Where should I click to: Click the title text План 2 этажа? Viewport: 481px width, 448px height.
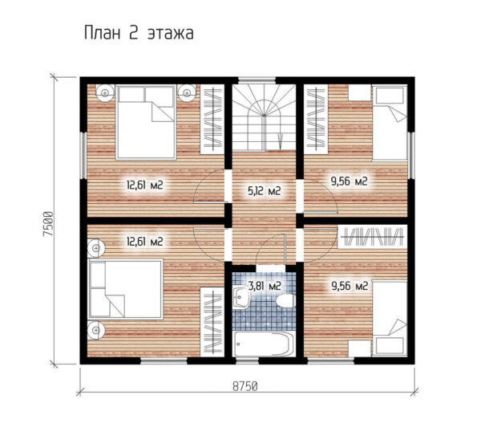click(139, 33)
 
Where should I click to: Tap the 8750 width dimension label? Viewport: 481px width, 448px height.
click(245, 386)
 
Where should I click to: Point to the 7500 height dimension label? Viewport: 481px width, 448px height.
click(47, 224)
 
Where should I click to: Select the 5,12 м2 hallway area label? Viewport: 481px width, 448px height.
click(264, 191)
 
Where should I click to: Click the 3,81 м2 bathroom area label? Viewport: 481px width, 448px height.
click(265, 286)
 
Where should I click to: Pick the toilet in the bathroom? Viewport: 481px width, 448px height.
click(286, 301)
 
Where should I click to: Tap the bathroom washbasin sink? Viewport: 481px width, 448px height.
click(241, 297)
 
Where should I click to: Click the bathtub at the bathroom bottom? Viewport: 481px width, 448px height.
click(264, 344)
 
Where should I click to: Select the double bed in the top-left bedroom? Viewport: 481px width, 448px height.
click(146, 123)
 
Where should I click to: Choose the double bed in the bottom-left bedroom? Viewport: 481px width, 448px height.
click(126, 289)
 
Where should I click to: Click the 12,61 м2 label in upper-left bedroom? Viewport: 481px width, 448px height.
click(145, 185)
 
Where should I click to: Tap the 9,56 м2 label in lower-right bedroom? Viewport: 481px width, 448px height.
click(350, 286)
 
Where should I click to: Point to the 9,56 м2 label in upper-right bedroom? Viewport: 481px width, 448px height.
click(349, 181)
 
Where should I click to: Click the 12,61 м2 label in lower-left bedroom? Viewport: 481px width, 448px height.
click(145, 242)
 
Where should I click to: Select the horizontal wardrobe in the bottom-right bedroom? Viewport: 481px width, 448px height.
click(373, 237)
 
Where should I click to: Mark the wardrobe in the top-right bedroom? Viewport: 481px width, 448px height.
click(316, 119)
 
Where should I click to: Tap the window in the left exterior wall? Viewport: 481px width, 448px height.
click(83, 155)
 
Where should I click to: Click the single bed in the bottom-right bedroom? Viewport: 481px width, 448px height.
click(390, 318)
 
